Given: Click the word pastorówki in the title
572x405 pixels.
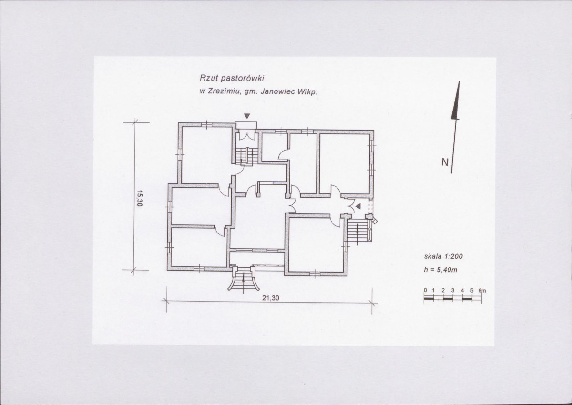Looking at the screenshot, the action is click(242, 78).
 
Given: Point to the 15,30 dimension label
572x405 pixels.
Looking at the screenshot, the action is click(139, 199).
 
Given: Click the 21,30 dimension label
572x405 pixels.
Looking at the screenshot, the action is click(271, 298).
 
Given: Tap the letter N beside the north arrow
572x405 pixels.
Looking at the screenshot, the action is click(445, 162).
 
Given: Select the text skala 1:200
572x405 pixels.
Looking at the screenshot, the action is click(443, 256).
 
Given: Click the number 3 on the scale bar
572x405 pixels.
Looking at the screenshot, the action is click(453, 290).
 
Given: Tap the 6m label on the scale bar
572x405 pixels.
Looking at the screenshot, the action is click(482, 290).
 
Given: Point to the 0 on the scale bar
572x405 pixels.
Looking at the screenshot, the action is click(425, 290).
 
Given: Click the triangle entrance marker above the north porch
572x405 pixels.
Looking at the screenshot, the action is click(246, 116).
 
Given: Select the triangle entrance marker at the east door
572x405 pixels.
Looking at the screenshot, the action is click(358, 206).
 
